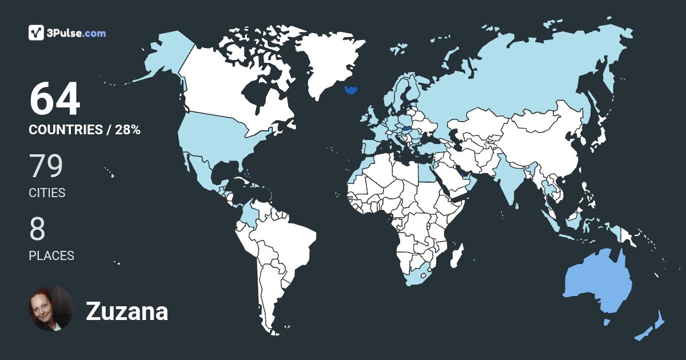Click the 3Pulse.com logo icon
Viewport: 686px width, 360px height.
click(37, 33)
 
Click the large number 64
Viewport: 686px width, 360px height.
click(55, 99)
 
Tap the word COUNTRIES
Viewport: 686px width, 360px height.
click(65, 130)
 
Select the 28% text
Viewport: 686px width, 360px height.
click(127, 130)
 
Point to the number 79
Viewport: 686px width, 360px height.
click(46, 166)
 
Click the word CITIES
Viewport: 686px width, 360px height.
click(47, 193)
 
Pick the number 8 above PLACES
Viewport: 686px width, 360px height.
click(37, 229)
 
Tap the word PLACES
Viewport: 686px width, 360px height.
click(51, 255)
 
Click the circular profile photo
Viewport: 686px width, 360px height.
click(51, 309)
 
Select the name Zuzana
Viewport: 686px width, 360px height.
click(127, 312)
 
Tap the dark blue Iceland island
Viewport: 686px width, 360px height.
click(351, 90)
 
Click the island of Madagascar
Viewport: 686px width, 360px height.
click(456, 255)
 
